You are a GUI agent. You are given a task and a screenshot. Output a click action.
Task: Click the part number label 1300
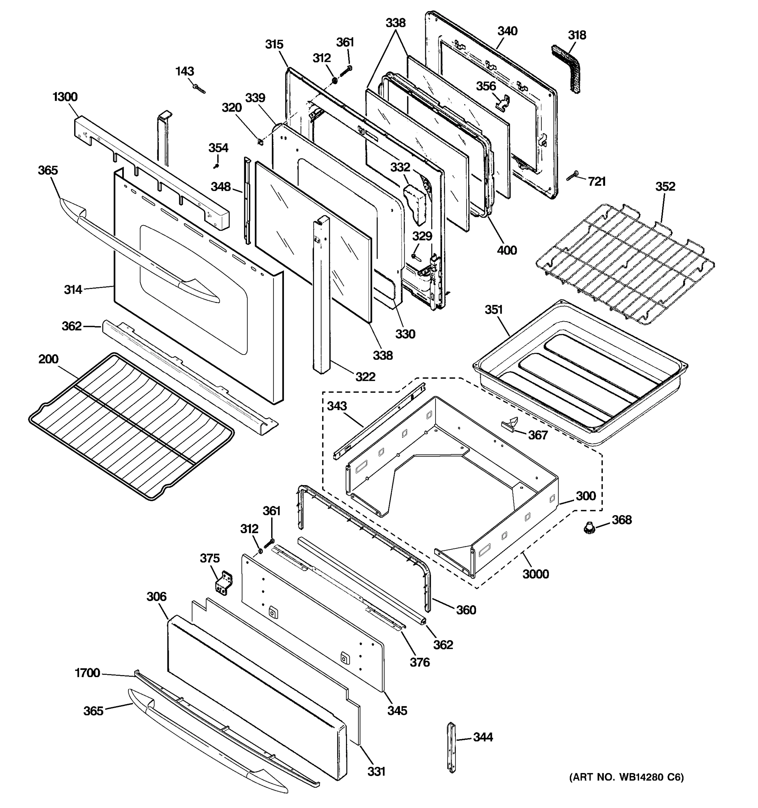coord(65,97)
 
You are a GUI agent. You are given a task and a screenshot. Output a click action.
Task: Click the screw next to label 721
coord(573,176)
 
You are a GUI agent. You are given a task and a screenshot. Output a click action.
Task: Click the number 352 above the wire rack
coord(665,186)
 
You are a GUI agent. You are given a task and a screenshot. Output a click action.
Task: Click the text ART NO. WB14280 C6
coord(626,777)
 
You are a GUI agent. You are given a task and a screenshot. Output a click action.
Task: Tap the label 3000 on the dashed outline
coord(536,574)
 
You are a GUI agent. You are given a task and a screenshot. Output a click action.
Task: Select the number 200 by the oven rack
coord(49,359)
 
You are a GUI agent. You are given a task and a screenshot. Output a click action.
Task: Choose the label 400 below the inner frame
coord(507,250)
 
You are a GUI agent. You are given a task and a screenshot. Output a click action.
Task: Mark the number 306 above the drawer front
coord(157,596)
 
